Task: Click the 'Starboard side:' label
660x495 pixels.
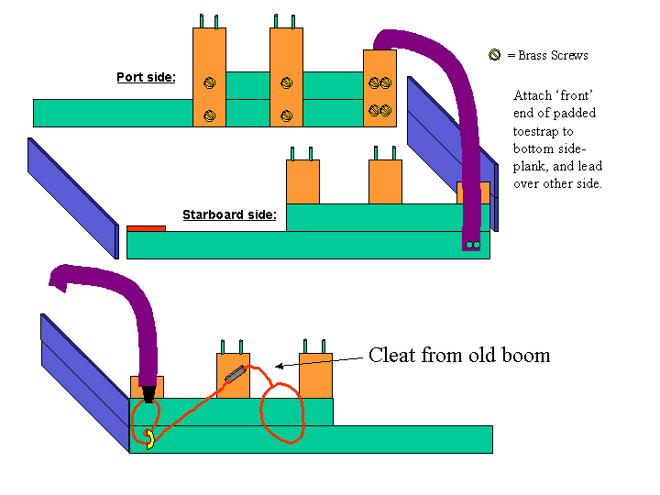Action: coord(229,215)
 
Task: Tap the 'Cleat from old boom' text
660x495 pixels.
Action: coord(459,356)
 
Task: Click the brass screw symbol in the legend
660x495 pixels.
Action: coord(495,56)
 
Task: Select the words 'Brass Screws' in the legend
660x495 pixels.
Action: coord(553,56)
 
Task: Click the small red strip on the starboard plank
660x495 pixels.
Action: coord(146,227)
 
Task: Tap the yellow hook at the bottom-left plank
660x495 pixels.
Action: coord(148,440)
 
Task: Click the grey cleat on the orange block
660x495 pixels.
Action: coord(235,374)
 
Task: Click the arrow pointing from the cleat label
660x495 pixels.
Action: coord(316,363)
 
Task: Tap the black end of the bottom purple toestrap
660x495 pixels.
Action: coord(148,395)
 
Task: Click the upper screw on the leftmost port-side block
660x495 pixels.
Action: coord(209,82)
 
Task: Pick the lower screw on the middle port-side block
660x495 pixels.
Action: coord(286,115)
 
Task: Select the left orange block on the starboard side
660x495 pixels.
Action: coord(302,181)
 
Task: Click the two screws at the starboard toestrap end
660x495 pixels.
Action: coord(472,245)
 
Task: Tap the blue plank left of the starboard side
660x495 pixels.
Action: coord(73,198)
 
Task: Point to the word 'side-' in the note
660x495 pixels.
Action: coord(566,149)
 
